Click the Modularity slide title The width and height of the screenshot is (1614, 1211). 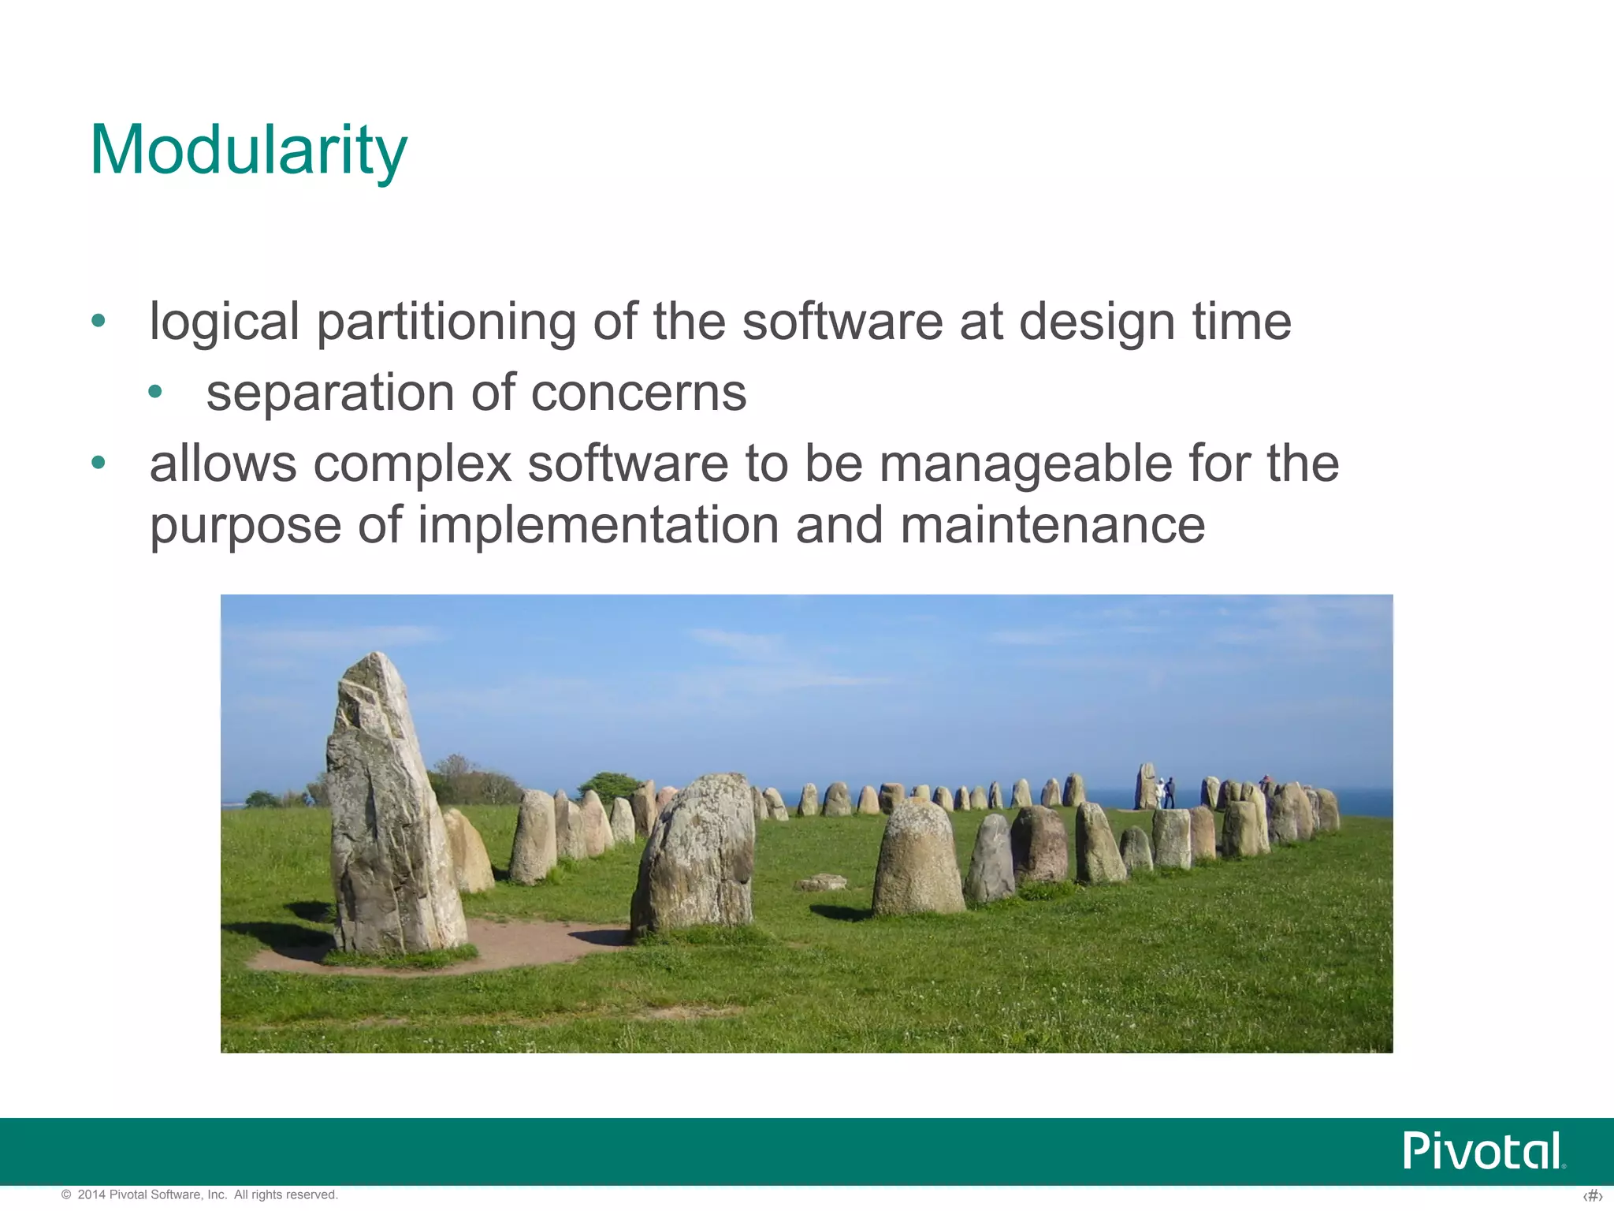(x=248, y=150)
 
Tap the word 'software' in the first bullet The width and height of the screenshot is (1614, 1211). (x=842, y=322)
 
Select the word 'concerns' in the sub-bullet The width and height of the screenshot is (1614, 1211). (x=638, y=393)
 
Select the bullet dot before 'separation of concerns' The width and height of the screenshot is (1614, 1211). (x=155, y=392)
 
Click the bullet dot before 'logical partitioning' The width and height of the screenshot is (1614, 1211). (x=98, y=321)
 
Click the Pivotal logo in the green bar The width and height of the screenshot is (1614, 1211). (x=1483, y=1151)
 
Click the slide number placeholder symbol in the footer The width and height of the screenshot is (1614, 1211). (x=1592, y=1197)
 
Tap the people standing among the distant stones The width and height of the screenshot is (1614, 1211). (x=1164, y=792)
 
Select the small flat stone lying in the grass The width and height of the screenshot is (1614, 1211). (x=821, y=882)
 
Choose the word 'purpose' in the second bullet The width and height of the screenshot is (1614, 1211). (x=245, y=527)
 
